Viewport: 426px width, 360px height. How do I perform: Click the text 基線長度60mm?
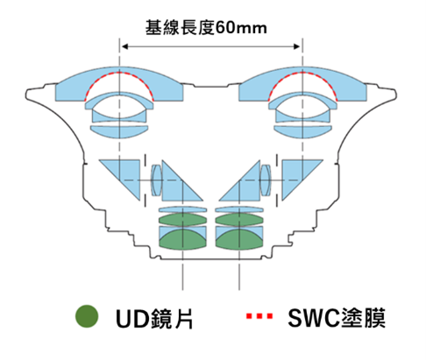pyautogui.click(x=206, y=28)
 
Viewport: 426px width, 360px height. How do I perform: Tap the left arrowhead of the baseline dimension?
pyautogui.click(x=124, y=46)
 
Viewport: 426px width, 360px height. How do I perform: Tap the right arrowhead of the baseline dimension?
pyautogui.click(x=297, y=46)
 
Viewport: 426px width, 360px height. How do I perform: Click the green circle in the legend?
pyautogui.click(x=87, y=316)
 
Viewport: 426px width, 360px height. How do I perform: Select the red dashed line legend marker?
pyautogui.click(x=259, y=316)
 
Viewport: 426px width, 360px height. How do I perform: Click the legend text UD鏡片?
pyautogui.click(x=154, y=318)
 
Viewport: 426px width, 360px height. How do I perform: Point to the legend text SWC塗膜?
pyautogui.click(x=337, y=318)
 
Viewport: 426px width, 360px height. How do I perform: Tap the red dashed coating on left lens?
pyautogui.click(x=119, y=73)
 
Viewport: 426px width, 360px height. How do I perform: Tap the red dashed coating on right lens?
pyautogui.click(x=302, y=73)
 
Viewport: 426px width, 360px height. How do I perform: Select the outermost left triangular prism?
pyautogui.click(x=125, y=174)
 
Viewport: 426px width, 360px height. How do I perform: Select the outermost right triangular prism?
pyautogui.click(x=296, y=174)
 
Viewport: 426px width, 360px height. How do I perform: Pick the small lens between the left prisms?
pyautogui.click(x=157, y=180)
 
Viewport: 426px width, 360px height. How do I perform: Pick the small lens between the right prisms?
pyautogui.click(x=266, y=180)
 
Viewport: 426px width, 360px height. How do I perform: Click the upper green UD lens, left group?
pyautogui.click(x=182, y=220)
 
